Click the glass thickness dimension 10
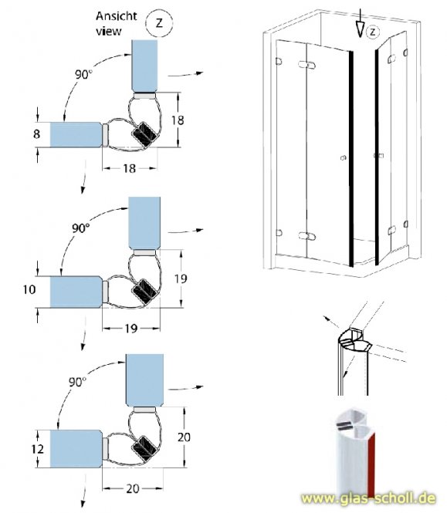(x=30, y=290)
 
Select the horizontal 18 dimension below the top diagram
(x=129, y=168)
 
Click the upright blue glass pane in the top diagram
(x=147, y=66)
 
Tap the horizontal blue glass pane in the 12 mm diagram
(x=76, y=446)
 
